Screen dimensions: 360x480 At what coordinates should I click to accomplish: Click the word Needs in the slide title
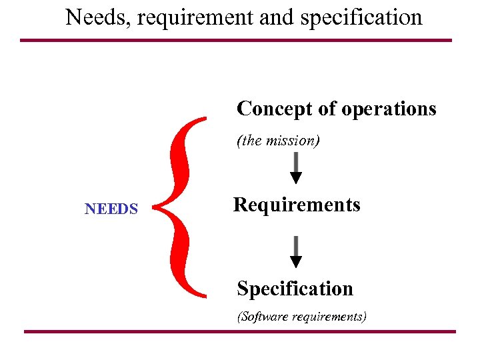[x=91, y=17]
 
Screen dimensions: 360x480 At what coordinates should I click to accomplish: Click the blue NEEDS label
[x=111, y=209]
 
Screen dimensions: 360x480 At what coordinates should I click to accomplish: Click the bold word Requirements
[x=297, y=205]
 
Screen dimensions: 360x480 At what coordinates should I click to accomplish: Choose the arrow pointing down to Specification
[x=296, y=252]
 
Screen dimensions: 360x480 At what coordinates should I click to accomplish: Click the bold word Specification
[x=295, y=289]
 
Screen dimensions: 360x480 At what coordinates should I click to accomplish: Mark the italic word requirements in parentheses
[x=328, y=317]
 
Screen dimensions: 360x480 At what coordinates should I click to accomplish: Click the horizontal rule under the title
[x=236, y=40]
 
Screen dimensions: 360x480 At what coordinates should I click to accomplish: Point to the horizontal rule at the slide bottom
[x=240, y=331]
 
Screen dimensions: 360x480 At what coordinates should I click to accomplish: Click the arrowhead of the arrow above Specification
[x=296, y=261]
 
